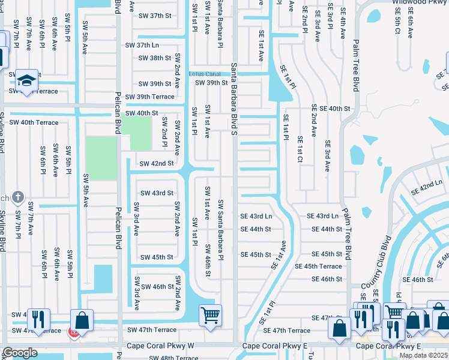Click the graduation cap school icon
click(27, 80)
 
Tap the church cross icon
click(19, 197)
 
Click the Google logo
click(20, 353)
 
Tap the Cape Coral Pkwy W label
click(160, 346)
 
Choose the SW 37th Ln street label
click(142, 46)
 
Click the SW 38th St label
click(154, 58)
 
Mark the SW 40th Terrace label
click(34, 122)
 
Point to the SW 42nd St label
click(156, 163)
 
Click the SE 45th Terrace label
click(318, 266)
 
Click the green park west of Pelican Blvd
click(101, 158)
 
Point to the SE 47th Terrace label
click(291, 331)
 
